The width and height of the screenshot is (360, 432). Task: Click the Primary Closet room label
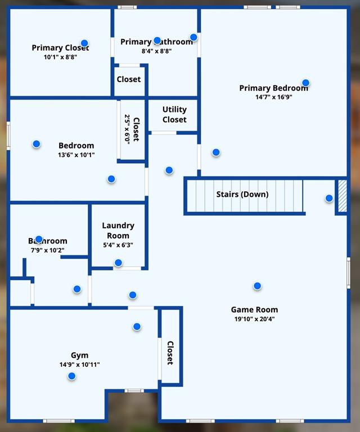click(60, 48)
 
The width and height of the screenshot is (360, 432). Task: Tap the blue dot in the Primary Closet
click(84, 43)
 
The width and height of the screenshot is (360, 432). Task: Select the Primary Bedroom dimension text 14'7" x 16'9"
click(273, 97)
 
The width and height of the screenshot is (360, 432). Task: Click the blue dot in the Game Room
click(257, 286)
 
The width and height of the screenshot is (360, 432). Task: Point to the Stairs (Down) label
click(242, 195)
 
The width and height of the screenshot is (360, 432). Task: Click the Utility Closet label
click(174, 114)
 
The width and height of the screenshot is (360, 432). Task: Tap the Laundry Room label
click(118, 231)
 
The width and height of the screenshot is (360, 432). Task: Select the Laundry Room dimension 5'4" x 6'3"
click(118, 245)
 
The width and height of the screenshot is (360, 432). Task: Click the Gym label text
click(80, 355)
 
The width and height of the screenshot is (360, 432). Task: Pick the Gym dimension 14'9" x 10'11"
click(80, 364)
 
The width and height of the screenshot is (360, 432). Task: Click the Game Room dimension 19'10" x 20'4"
click(254, 319)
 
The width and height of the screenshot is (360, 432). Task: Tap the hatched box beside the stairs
click(342, 196)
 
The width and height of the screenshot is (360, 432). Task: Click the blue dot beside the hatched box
click(329, 198)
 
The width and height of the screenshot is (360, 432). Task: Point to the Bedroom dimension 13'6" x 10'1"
click(76, 155)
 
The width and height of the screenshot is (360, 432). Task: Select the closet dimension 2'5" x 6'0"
click(128, 130)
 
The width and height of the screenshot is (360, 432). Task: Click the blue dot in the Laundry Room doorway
click(118, 263)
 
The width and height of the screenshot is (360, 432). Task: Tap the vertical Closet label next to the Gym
click(170, 353)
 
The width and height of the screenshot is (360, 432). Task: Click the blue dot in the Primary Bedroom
click(305, 83)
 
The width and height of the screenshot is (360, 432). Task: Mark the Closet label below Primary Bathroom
click(129, 79)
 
